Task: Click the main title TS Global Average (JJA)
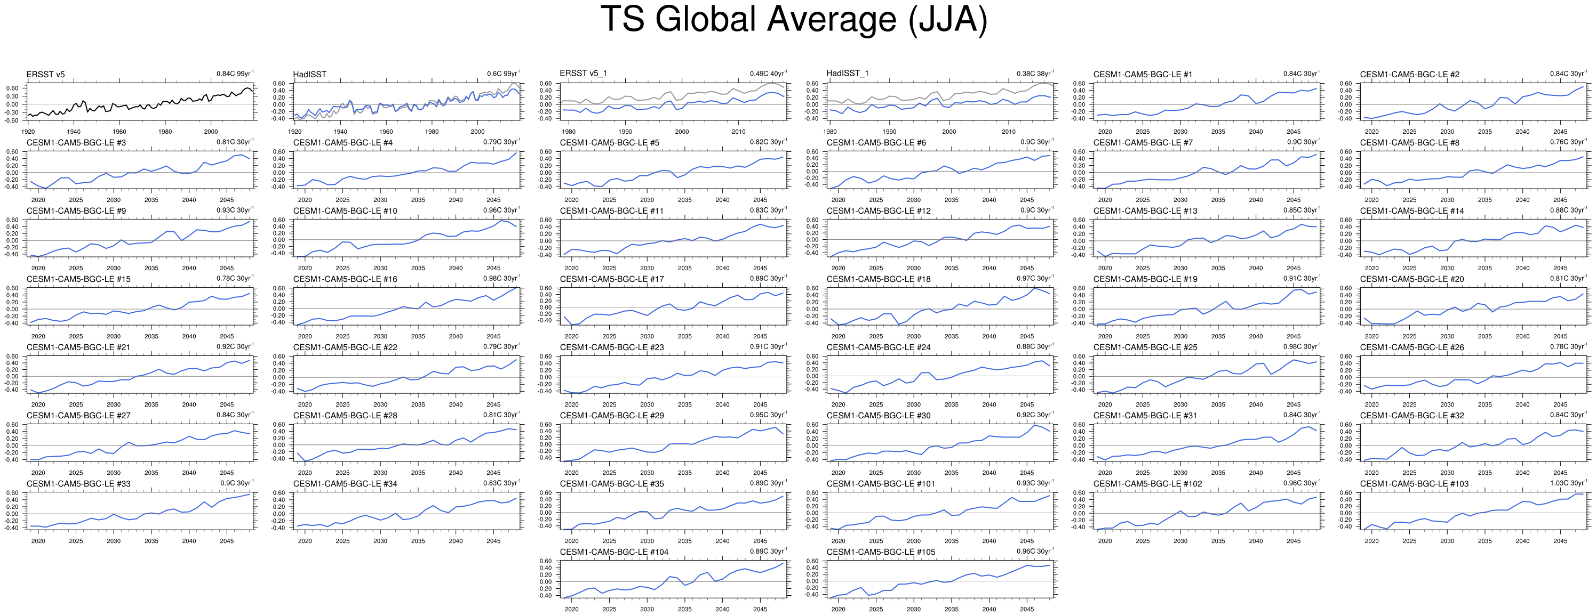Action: point(794,19)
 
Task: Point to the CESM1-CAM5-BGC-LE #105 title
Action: point(880,552)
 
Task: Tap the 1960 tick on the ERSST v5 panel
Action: point(119,132)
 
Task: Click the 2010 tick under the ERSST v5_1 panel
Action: point(738,132)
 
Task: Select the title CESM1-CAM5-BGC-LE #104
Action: point(614,552)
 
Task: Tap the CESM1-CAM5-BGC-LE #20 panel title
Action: point(1412,279)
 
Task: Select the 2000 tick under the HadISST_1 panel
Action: point(949,132)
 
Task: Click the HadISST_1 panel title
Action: point(847,74)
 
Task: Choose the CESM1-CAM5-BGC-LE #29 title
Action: point(611,416)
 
